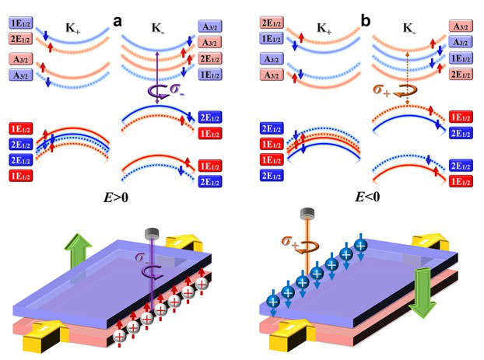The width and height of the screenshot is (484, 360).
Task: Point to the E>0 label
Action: pyautogui.click(x=113, y=197)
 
